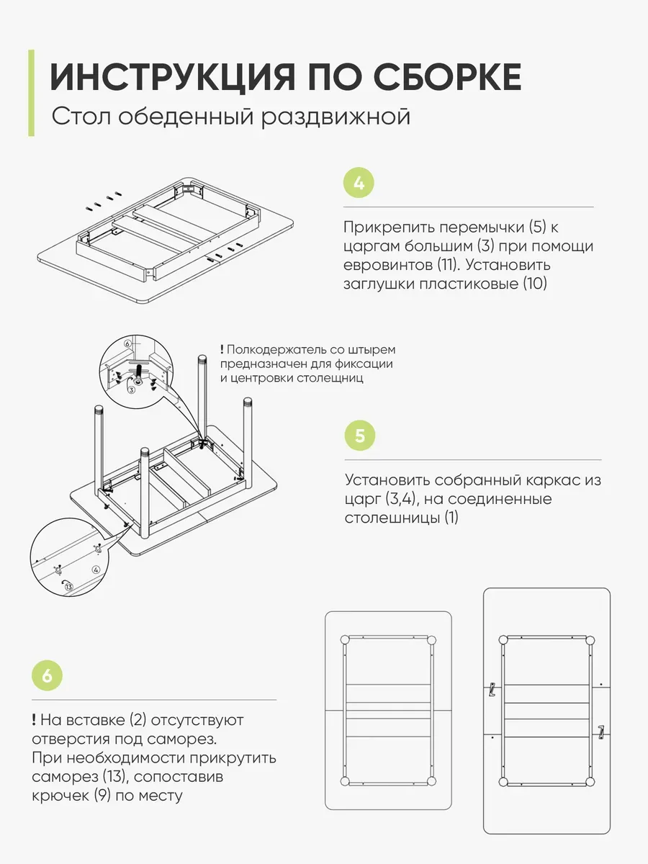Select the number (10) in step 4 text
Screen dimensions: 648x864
click(x=534, y=284)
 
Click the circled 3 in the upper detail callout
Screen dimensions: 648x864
click(x=132, y=390)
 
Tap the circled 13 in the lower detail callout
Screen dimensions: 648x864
click(x=68, y=586)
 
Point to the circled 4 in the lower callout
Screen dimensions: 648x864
click(x=96, y=569)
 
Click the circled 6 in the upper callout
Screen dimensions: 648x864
click(x=126, y=345)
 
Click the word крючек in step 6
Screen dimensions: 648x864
click(x=59, y=796)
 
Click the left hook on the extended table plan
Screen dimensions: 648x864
click(x=491, y=689)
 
